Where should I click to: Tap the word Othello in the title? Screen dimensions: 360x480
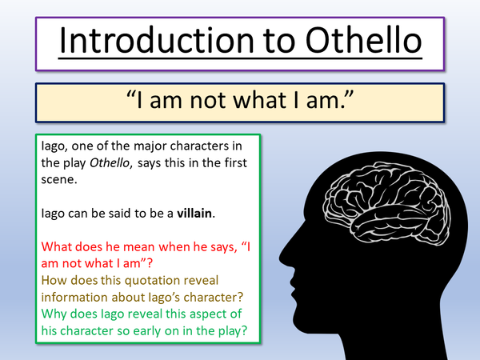tap(352, 42)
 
